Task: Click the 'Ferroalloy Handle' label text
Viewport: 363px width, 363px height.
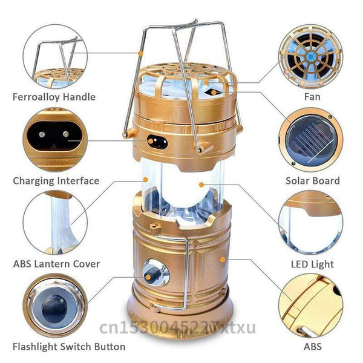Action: (x=54, y=97)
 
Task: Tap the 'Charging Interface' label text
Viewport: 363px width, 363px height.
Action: (x=56, y=180)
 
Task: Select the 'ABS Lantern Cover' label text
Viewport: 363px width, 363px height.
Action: (x=56, y=264)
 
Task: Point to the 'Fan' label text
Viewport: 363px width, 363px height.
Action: (x=312, y=97)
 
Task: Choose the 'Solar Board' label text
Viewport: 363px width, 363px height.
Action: (x=312, y=180)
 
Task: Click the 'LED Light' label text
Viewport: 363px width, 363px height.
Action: (x=312, y=264)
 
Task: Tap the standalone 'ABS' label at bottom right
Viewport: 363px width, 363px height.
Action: (x=312, y=347)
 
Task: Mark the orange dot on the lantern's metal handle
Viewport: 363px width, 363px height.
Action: (x=140, y=53)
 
